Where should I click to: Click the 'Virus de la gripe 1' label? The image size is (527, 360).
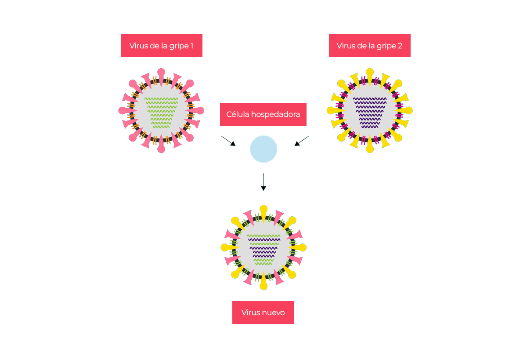click(161, 46)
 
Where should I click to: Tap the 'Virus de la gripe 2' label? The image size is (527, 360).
click(369, 46)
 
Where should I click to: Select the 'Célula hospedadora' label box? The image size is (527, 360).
click(263, 114)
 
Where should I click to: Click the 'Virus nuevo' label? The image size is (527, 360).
click(263, 313)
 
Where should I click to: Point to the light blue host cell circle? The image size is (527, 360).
click(263, 149)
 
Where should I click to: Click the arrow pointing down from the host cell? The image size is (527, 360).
click(263, 182)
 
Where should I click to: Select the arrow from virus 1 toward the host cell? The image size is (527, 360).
click(228, 141)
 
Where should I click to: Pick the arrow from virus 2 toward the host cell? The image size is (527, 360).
click(302, 141)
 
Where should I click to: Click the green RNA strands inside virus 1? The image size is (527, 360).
click(161, 113)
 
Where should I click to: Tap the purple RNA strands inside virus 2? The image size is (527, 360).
click(370, 113)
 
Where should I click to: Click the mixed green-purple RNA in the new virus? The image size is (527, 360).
click(263, 249)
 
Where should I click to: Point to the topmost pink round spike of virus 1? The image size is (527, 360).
click(161, 72)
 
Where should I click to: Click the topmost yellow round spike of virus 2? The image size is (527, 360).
click(370, 72)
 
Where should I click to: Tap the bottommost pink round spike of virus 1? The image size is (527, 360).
click(161, 149)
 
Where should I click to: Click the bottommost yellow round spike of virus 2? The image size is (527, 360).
click(370, 149)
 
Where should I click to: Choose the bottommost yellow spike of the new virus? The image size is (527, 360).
click(263, 286)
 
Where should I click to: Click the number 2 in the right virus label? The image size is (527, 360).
click(400, 46)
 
